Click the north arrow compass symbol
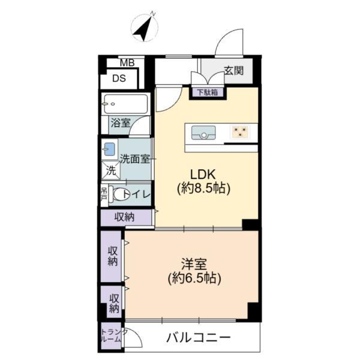(144, 27)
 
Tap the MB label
(127, 62)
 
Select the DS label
(119, 79)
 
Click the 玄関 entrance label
(233, 70)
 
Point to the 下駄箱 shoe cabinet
(208, 92)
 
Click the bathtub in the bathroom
(126, 104)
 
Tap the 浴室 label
(121, 123)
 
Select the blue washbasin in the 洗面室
(110, 149)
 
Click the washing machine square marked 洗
(111, 170)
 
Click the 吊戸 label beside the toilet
(104, 194)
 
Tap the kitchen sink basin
(203, 133)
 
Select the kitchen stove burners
(240, 132)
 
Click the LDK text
(203, 175)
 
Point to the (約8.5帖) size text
(203, 188)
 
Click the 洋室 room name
(194, 264)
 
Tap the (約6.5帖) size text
(194, 278)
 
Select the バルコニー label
(199, 338)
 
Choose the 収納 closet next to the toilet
(125, 217)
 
